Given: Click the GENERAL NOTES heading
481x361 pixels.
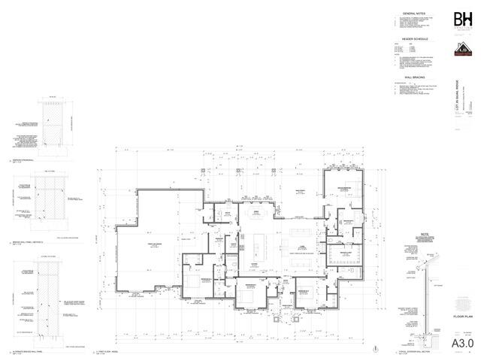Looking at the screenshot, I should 414,14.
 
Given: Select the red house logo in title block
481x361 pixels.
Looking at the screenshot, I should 461,50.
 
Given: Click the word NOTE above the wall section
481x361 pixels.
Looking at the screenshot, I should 414,235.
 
